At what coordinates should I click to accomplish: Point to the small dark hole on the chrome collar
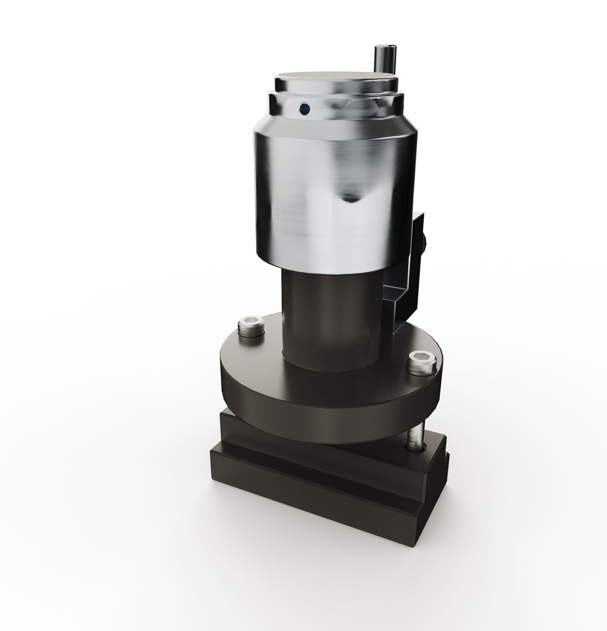[305, 108]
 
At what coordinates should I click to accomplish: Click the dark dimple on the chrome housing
[351, 197]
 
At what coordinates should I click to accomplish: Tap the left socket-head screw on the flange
[251, 325]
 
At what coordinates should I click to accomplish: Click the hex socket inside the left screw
[251, 323]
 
